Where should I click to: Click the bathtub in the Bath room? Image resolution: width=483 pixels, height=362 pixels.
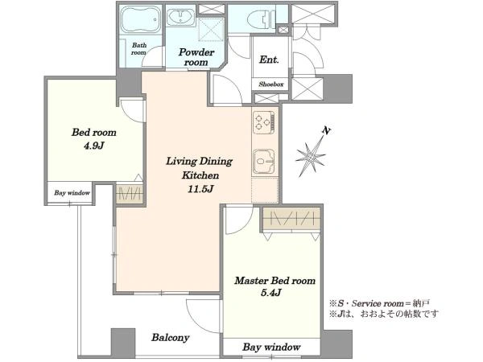[x=140, y=19]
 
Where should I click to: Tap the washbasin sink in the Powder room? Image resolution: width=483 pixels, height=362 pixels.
[x=180, y=18]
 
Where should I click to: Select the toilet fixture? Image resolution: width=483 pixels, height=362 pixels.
[x=261, y=19]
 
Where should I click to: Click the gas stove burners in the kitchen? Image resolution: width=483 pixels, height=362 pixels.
[x=264, y=122]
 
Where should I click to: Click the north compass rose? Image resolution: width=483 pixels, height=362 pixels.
[x=311, y=156]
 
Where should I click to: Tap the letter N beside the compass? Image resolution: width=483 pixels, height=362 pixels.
[x=326, y=130]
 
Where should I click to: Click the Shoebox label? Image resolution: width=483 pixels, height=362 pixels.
[x=270, y=84]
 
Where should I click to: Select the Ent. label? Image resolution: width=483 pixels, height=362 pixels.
[x=269, y=59]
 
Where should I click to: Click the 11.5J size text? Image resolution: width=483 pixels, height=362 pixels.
[x=200, y=189]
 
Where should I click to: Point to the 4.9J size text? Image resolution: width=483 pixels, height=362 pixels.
[x=94, y=146]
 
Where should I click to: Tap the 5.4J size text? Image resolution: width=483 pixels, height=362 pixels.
[x=271, y=292]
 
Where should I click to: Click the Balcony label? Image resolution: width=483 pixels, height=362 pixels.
[x=170, y=338]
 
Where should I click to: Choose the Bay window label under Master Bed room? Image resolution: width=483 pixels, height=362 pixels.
[x=271, y=348]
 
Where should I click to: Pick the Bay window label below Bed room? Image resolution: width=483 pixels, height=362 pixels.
[x=72, y=193]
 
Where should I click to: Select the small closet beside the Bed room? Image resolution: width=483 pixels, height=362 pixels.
[x=130, y=193]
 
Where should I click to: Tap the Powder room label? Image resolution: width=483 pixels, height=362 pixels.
[x=196, y=57]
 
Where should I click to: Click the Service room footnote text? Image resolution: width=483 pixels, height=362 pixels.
[x=379, y=304]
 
